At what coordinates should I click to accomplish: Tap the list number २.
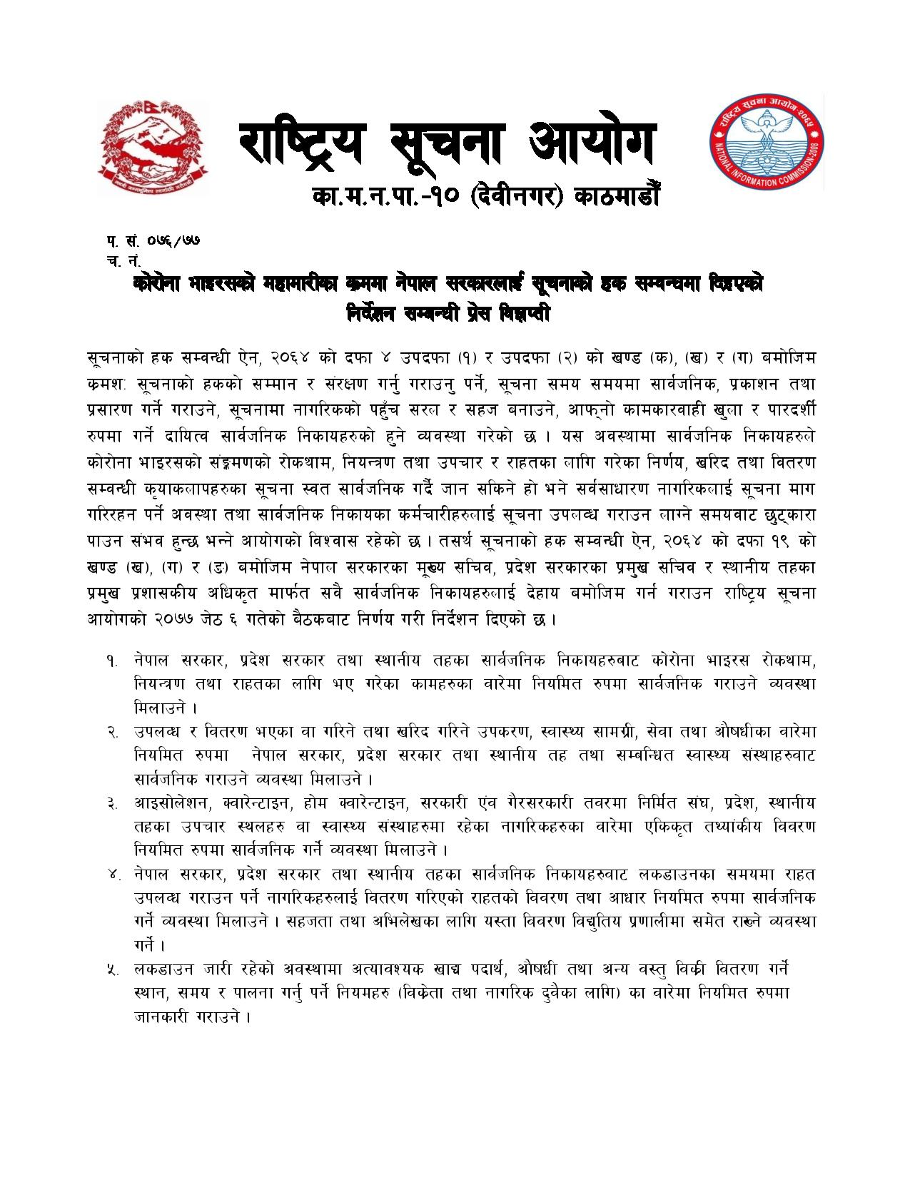tap(113, 733)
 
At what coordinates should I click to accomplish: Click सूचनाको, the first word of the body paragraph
tap(114, 357)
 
